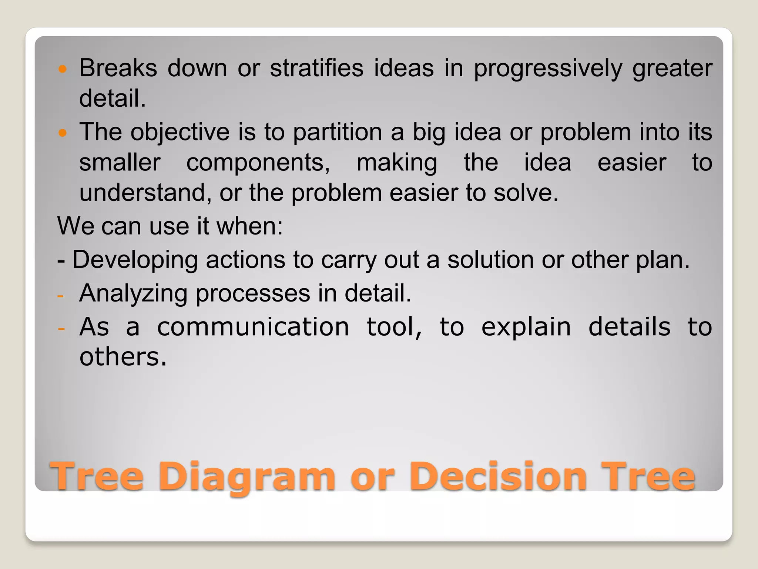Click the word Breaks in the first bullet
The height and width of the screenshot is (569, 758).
tap(118, 69)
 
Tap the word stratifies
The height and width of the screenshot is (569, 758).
tap(317, 69)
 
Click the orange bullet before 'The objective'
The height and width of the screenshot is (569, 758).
tap(63, 133)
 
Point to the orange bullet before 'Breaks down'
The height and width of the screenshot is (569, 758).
tap(63, 69)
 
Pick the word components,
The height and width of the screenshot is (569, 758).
tap(258, 163)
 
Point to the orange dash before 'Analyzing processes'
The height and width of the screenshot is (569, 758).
tap(61, 296)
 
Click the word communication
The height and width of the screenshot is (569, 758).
tap(253, 327)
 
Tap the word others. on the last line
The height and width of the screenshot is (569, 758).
tap(123, 357)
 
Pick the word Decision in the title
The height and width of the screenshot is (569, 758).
tap(498, 476)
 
